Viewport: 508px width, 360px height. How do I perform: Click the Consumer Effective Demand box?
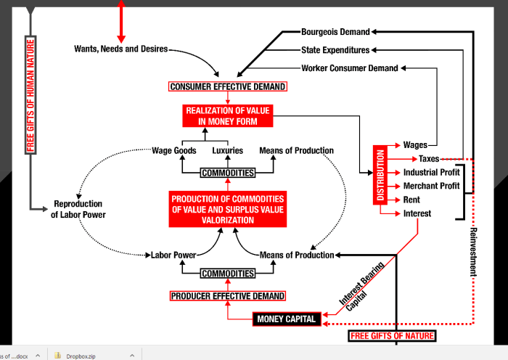(228, 87)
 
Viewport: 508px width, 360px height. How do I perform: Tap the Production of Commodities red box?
(228, 209)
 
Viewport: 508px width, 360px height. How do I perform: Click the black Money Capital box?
(287, 319)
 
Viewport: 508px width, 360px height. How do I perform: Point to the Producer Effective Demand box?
(228, 296)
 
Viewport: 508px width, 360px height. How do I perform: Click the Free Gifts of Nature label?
(392, 336)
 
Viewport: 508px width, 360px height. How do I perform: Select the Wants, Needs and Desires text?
(120, 49)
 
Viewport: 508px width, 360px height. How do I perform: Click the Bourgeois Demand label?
(335, 32)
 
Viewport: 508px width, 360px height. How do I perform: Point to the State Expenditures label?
(335, 50)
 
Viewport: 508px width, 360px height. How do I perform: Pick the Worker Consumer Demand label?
(350, 68)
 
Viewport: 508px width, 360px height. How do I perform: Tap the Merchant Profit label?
(432, 186)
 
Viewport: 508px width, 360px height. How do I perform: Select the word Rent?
(411, 200)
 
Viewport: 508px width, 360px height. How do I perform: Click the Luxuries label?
(228, 151)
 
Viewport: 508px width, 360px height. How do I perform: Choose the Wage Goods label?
(173, 151)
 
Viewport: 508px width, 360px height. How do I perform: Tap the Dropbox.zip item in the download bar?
(80, 356)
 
